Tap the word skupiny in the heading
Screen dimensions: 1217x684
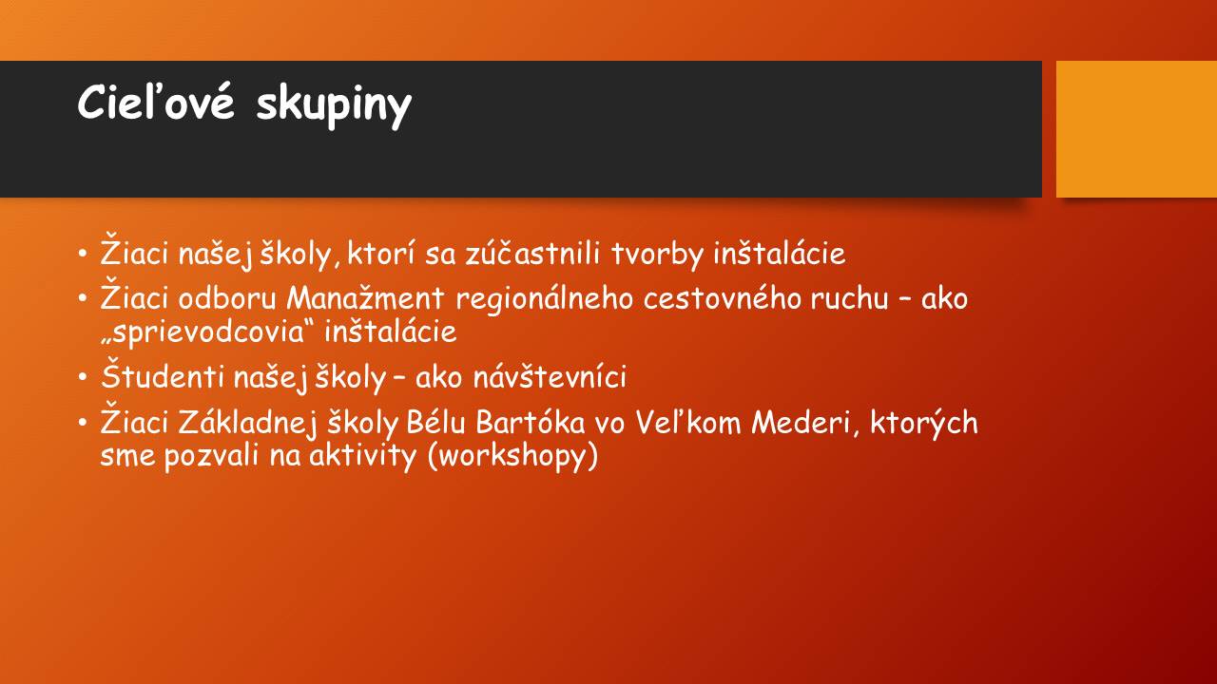pyautogui.click(x=334, y=106)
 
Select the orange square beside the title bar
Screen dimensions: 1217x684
pyautogui.click(x=1136, y=129)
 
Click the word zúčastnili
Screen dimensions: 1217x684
pyautogui.click(x=532, y=254)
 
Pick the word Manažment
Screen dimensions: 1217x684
pyautogui.click(x=365, y=298)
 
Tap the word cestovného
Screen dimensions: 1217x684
pyautogui.click(x=723, y=298)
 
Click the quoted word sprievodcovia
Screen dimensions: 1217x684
pyautogui.click(x=208, y=332)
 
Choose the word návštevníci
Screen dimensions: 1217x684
pyautogui.click(x=550, y=376)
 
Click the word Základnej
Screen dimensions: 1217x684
pyautogui.click(x=247, y=424)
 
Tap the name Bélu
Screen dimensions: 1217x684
pyautogui.click(x=435, y=423)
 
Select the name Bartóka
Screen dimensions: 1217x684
pyautogui.click(x=531, y=423)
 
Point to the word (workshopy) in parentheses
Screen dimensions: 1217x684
pyautogui.click(x=512, y=455)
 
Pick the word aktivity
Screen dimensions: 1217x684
pyautogui.click(x=362, y=456)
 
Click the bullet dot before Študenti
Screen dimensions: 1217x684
pyautogui.click(x=82, y=376)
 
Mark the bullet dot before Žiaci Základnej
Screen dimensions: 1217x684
pyautogui.click(x=82, y=423)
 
